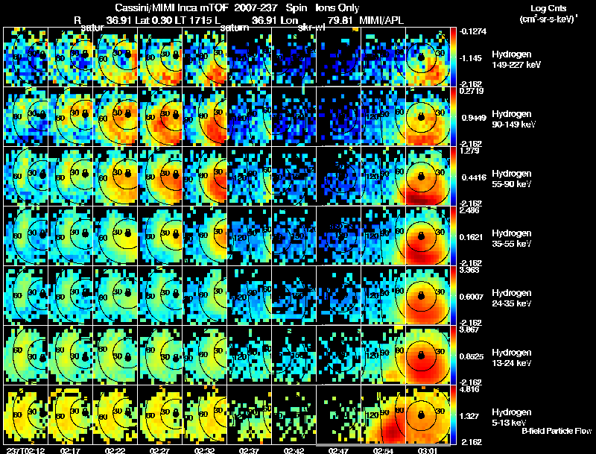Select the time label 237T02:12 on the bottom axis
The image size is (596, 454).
tap(24, 450)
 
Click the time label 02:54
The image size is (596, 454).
tap(382, 450)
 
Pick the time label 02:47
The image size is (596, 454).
tap(338, 450)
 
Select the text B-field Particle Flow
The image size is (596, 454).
tap(557, 430)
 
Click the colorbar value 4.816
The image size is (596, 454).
tap(469, 389)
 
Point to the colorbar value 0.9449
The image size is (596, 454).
tap(471, 117)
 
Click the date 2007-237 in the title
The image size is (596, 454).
tap(255, 8)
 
